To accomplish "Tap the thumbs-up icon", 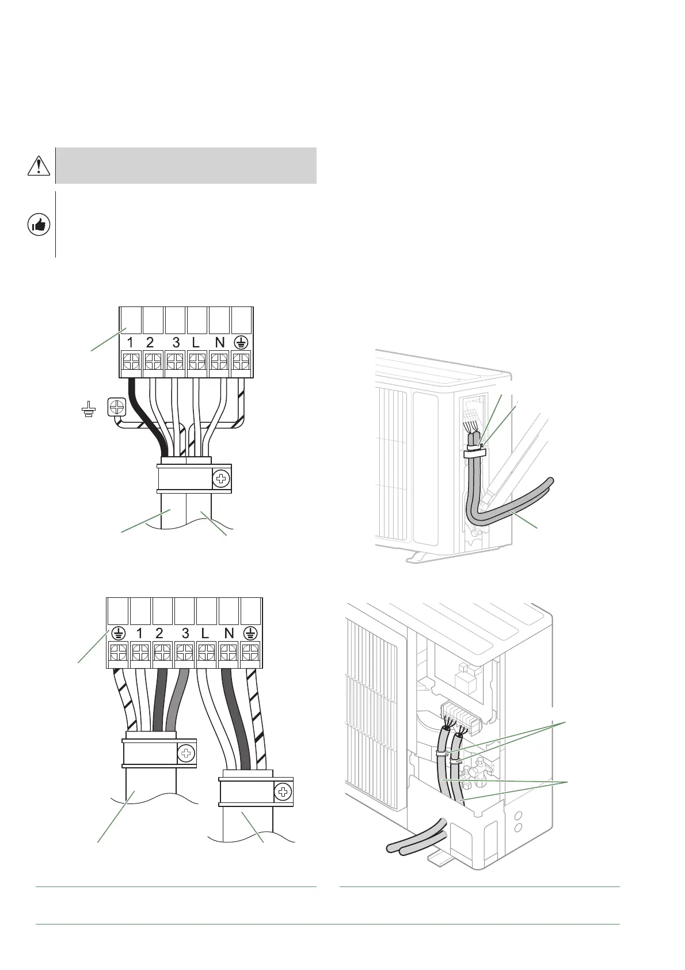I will pos(39,225).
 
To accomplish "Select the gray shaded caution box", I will pos(186,165).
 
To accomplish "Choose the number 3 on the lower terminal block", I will pos(185,634).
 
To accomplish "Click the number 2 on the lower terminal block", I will pos(159,634).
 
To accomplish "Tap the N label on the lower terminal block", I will pos(229,634).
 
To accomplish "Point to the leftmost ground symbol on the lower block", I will pos(118,634).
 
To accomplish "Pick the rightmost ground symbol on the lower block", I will pos(250,634).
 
